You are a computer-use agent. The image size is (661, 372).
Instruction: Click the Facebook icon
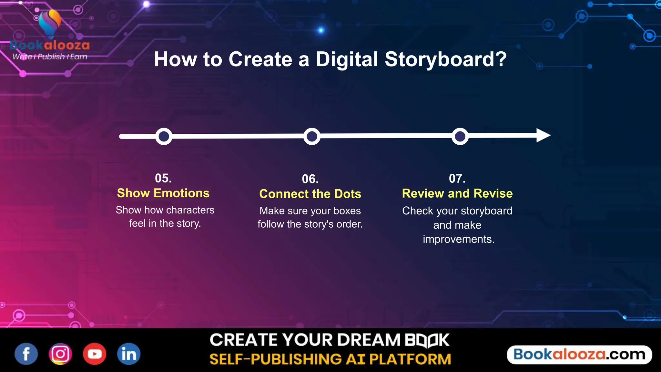[x=26, y=354]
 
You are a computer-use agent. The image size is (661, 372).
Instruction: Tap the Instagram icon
[x=60, y=354]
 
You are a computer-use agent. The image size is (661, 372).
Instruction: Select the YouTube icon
[x=95, y=354]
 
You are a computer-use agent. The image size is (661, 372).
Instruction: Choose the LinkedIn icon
[x=129, y=354]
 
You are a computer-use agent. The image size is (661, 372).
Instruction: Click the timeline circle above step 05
[x=164, y=136]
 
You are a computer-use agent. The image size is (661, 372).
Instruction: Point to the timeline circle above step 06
[x=312, y=136]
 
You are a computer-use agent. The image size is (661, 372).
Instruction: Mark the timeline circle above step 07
[x=460, y=136]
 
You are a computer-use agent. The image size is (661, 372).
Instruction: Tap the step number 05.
[x=163, y=178]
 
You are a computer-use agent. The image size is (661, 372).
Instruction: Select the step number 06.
[x=310, y=179]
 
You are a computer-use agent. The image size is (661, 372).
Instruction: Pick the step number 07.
[x=457, y=179]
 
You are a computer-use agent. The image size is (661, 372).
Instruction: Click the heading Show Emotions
[x=163, y=193]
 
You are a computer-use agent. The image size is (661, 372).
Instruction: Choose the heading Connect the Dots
[x=310, y=194]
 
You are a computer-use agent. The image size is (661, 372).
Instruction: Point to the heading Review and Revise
[x=457, y=193]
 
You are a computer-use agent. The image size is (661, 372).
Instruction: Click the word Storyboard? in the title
[x=446, y=59]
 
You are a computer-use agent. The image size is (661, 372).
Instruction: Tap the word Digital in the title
[x=347, y=59]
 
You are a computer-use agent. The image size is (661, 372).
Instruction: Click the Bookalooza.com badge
[x=579, y=355]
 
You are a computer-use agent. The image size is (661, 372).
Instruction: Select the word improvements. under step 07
[x=459, y=239]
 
